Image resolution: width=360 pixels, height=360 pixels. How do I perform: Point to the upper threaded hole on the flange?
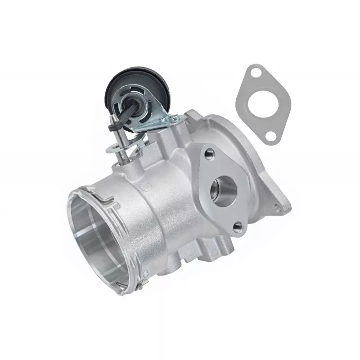[x=209, y=154]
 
